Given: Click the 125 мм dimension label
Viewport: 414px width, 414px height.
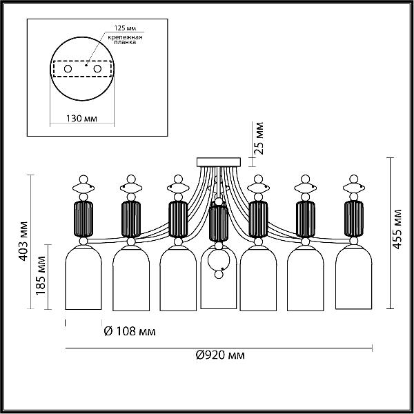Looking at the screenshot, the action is coord(125,28).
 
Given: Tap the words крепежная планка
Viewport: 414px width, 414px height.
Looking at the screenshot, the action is coord(125,39).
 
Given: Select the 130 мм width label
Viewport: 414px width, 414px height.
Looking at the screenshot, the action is coord(81,119).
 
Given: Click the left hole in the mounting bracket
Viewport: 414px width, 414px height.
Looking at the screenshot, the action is coord(68,69).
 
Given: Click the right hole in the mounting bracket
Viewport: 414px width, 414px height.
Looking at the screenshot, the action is coord(97,69).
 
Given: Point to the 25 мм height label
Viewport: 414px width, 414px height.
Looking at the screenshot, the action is coord(259,138).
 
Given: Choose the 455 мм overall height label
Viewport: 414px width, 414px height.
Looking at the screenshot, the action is coord(397,229).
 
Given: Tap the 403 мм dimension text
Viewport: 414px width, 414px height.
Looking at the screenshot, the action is coord(23,241).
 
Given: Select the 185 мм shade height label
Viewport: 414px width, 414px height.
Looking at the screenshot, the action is coord(41,275).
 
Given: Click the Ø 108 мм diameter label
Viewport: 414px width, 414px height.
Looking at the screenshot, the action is coord(130,331).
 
